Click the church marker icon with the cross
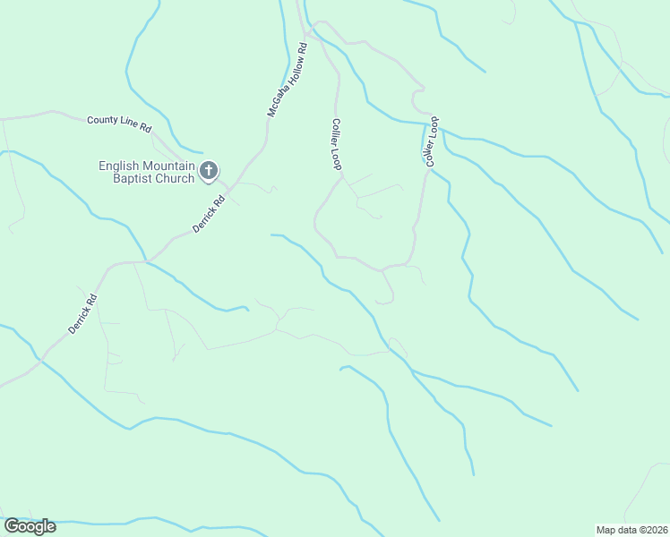209,169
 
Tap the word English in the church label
120,166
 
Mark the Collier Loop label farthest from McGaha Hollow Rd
431,141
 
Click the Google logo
30,525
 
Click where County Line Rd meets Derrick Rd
226,190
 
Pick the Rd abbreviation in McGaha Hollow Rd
304,47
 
